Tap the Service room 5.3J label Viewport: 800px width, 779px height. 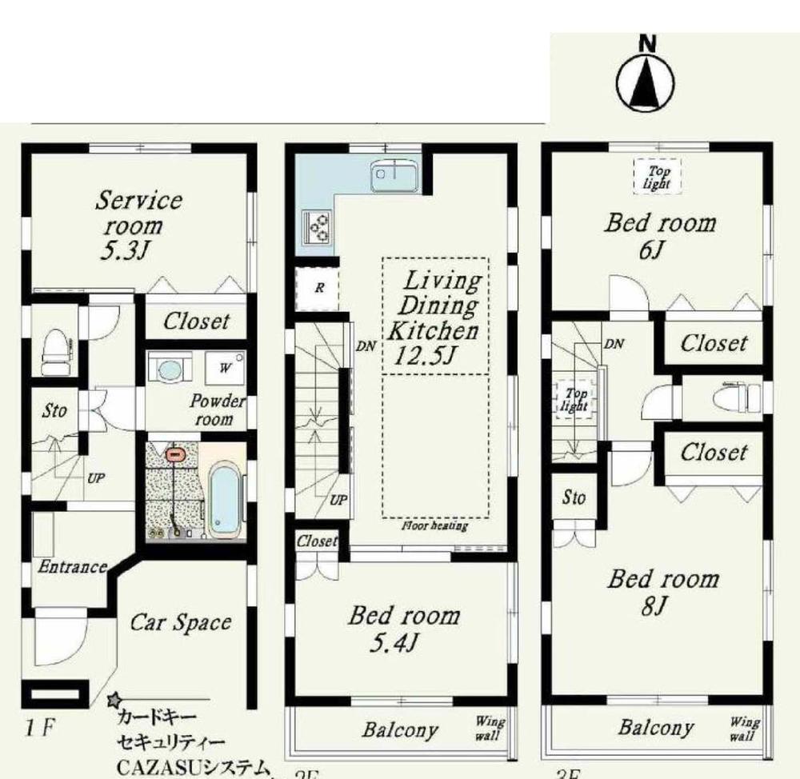[137, 225]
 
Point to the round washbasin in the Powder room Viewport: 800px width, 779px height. [170, 370]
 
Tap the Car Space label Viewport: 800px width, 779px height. [181, 622]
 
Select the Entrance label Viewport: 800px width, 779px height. [73, 567]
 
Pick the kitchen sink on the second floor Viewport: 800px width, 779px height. [392, 174]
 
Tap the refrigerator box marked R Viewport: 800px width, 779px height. [318, 289]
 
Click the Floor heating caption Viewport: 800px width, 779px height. [435, 526]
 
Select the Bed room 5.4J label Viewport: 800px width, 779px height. [403, 627]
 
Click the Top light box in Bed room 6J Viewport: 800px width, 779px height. [657, 176]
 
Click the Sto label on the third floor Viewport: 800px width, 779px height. [574, 497]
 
